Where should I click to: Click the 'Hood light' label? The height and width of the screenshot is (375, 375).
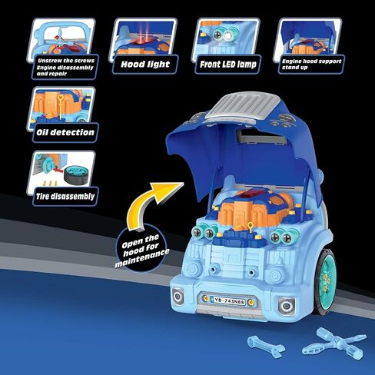click(x=145, y=65)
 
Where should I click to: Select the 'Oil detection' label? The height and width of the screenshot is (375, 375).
click(x=66, y=131)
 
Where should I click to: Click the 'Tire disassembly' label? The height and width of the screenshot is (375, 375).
click(x=66, y=195)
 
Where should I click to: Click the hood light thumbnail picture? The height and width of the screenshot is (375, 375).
click(x=145, y=36)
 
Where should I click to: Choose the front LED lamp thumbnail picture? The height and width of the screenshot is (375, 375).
click(x=225, y=36)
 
